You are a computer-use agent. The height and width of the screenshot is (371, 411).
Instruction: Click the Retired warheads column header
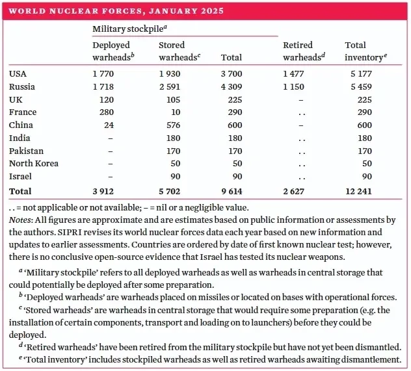(303, 51)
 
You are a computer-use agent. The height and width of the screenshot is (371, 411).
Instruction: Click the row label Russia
(22, 86)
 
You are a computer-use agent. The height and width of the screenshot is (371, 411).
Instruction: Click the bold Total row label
(20, 191)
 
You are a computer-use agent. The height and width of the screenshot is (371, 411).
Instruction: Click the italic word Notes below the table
(20, 220)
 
